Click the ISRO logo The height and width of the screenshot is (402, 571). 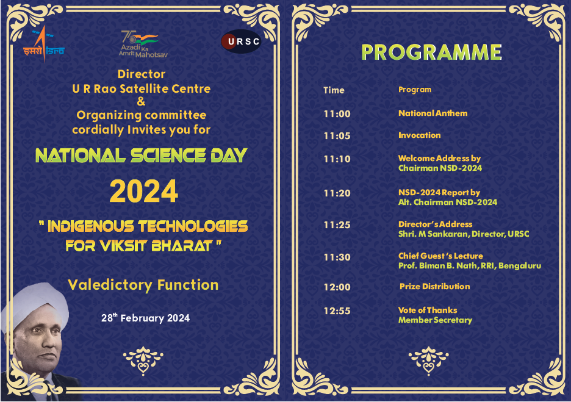point(43,44)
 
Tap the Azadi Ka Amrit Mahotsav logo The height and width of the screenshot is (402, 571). point(142,45)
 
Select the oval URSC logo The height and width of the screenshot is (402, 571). point(241,41)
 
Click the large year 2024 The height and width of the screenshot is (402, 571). point(144,192)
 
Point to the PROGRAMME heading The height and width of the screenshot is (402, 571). point(431,52)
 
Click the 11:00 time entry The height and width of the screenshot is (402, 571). point(337,114)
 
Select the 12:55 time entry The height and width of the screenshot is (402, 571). point(337,311)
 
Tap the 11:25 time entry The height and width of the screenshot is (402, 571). point(337,225)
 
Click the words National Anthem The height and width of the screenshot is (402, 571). point(433,113)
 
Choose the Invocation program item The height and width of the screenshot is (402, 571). point(419,135)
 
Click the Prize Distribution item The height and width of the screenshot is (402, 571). point(434,287)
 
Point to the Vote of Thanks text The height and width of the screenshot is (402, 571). point(427,310)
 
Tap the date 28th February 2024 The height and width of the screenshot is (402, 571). point(145,318)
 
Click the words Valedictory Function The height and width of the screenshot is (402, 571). point(143,285)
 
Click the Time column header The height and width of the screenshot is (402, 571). point(334,90)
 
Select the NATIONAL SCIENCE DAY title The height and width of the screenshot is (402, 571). point(141,156)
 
